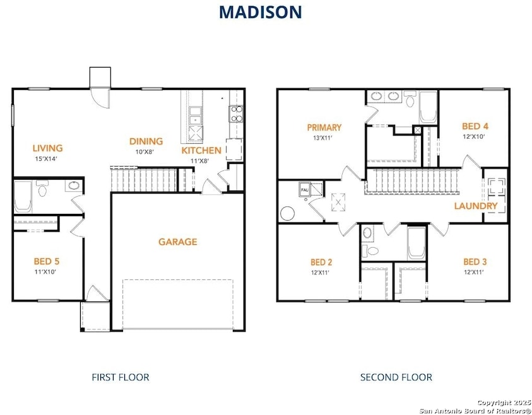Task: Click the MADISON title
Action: pos(260,13)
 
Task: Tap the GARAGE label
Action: pos(178,242)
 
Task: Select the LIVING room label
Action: pos(48,148)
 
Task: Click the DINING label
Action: pos(146,141)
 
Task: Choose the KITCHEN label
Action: pos(201,151)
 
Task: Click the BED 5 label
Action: pos(47,261)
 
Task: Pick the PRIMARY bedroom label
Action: pos(324,127)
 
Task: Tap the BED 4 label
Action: pos(475,127)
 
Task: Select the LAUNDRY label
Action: pos(476,206)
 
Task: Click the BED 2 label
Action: pos(321,262)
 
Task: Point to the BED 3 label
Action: pos(475,262)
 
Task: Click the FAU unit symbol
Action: pos(304,190)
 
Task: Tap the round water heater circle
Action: pos(287,214)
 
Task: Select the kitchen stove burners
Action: pos(237,114)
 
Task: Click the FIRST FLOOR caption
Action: pos(121,377)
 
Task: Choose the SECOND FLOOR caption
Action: pos(396,377)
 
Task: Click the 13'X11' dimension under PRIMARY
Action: pos(322,137)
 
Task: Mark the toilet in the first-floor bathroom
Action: pos(42,189)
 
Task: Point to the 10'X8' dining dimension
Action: pos(145,151)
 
